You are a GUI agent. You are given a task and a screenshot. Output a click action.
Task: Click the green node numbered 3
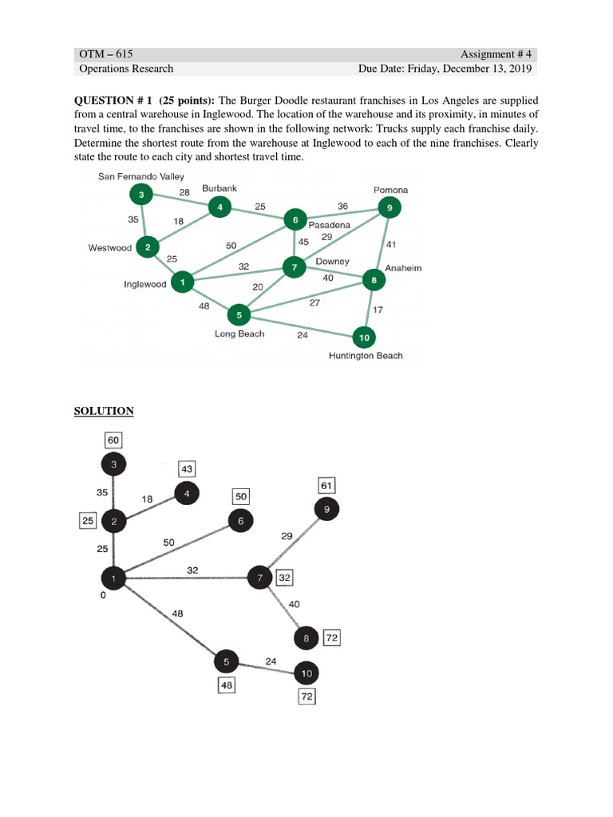click(x=141, y=194)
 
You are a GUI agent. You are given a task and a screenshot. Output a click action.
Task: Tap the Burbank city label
click(x=219, y=187)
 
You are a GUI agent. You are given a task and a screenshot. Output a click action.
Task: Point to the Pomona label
click(x=390, y=190)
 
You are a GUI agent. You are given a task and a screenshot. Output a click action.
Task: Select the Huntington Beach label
click(x=366, y=356)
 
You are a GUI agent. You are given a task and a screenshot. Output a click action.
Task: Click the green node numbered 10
click(x=364, y=338)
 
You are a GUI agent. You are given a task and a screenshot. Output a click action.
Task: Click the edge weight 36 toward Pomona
click(x=342, y=206)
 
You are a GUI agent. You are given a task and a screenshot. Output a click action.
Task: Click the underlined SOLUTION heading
click(x=104, y=411)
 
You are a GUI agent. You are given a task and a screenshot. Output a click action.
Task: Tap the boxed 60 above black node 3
click(x=113, y=440)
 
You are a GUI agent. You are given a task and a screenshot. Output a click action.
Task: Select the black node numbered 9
click(x=326, y=509)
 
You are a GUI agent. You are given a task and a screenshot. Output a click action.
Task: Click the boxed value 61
click(x=326, y=485)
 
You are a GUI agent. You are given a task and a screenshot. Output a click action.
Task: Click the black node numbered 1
click(x=113, y=578)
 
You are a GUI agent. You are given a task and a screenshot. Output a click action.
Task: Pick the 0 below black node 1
click(x=104, y=596)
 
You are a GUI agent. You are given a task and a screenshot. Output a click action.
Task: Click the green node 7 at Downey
click(x=295, y=267)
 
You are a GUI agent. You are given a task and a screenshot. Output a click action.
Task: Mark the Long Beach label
click(x=239, y=334)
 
